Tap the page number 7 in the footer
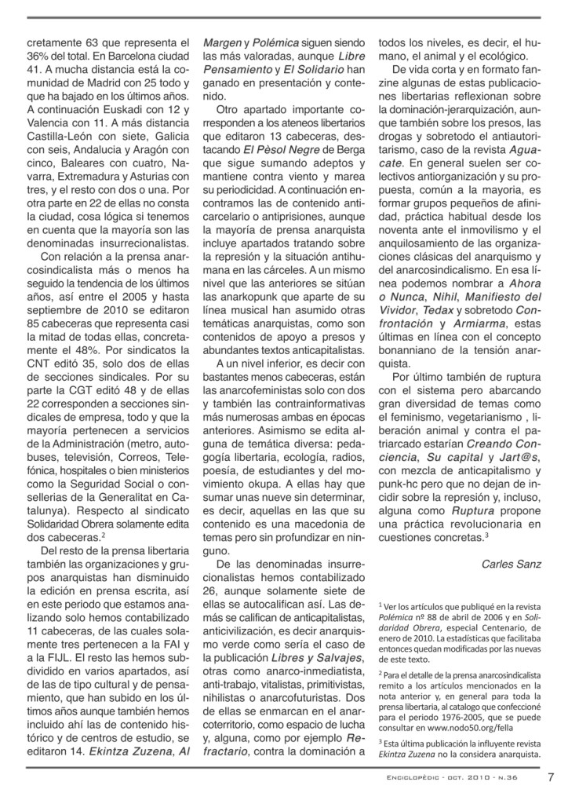(x=551, y=778)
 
